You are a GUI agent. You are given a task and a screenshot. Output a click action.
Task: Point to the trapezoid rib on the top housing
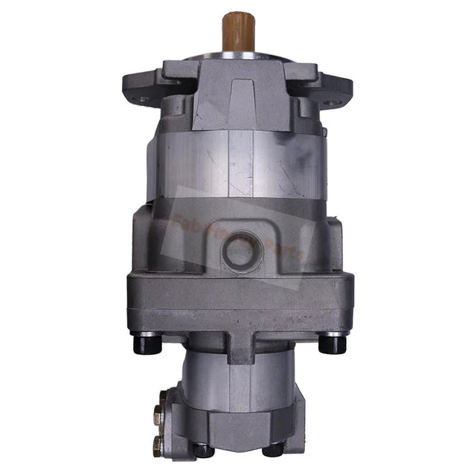pos(239,103)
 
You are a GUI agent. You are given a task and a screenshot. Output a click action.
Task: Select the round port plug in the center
pos(239,251)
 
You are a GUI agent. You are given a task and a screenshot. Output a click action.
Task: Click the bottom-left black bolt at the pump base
pos(202,449)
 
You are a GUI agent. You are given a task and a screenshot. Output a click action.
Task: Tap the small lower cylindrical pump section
pos(238,387)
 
